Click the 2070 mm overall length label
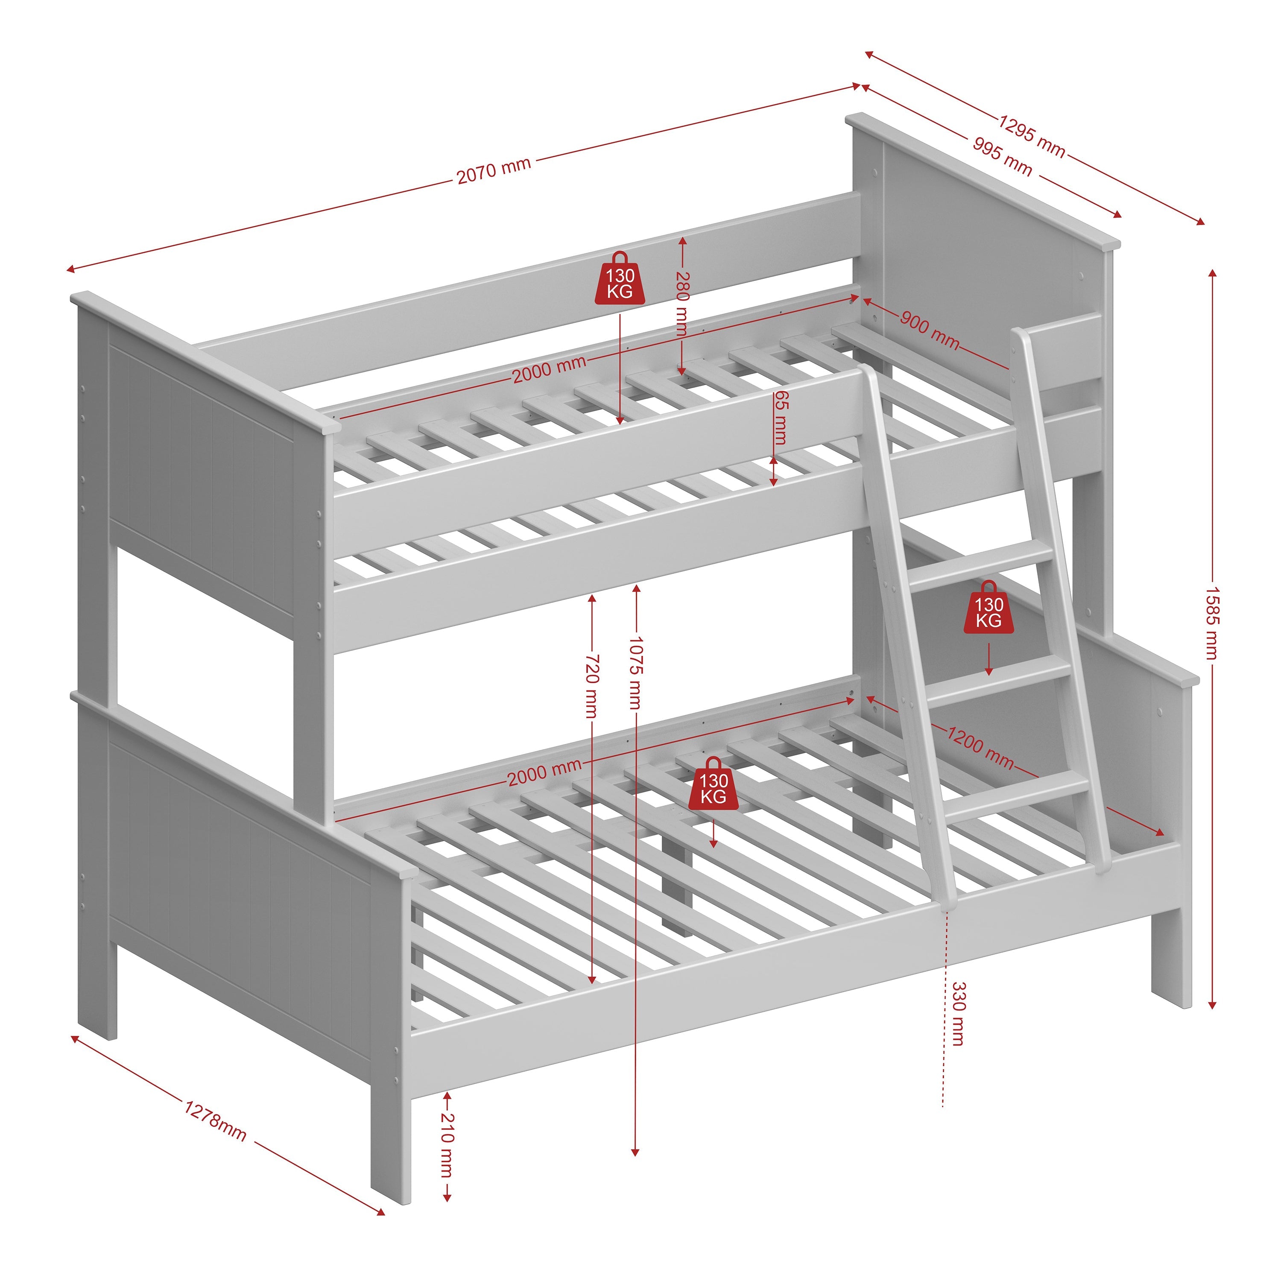pos(494,170)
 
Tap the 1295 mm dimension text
pos(1032,137)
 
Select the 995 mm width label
pos(1003,156)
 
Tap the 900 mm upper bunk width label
pos(930,330)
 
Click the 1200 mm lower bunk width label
pos(980,747)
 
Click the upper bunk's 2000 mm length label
pos(549,369)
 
